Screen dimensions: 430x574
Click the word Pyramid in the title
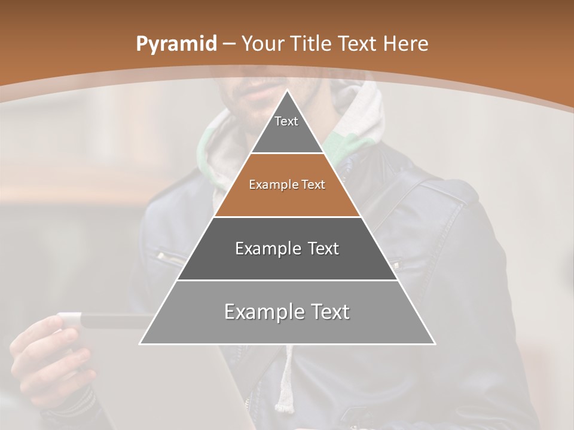(x=176, y=44)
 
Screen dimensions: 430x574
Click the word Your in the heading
(x=261, y=44)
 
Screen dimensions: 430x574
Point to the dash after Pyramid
(x=228, y=44)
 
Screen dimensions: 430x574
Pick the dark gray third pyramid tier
(x=287, y=263)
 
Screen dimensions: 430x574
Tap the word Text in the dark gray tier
(x=319, y=248)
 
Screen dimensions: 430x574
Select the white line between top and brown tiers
(x=287, y=153)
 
